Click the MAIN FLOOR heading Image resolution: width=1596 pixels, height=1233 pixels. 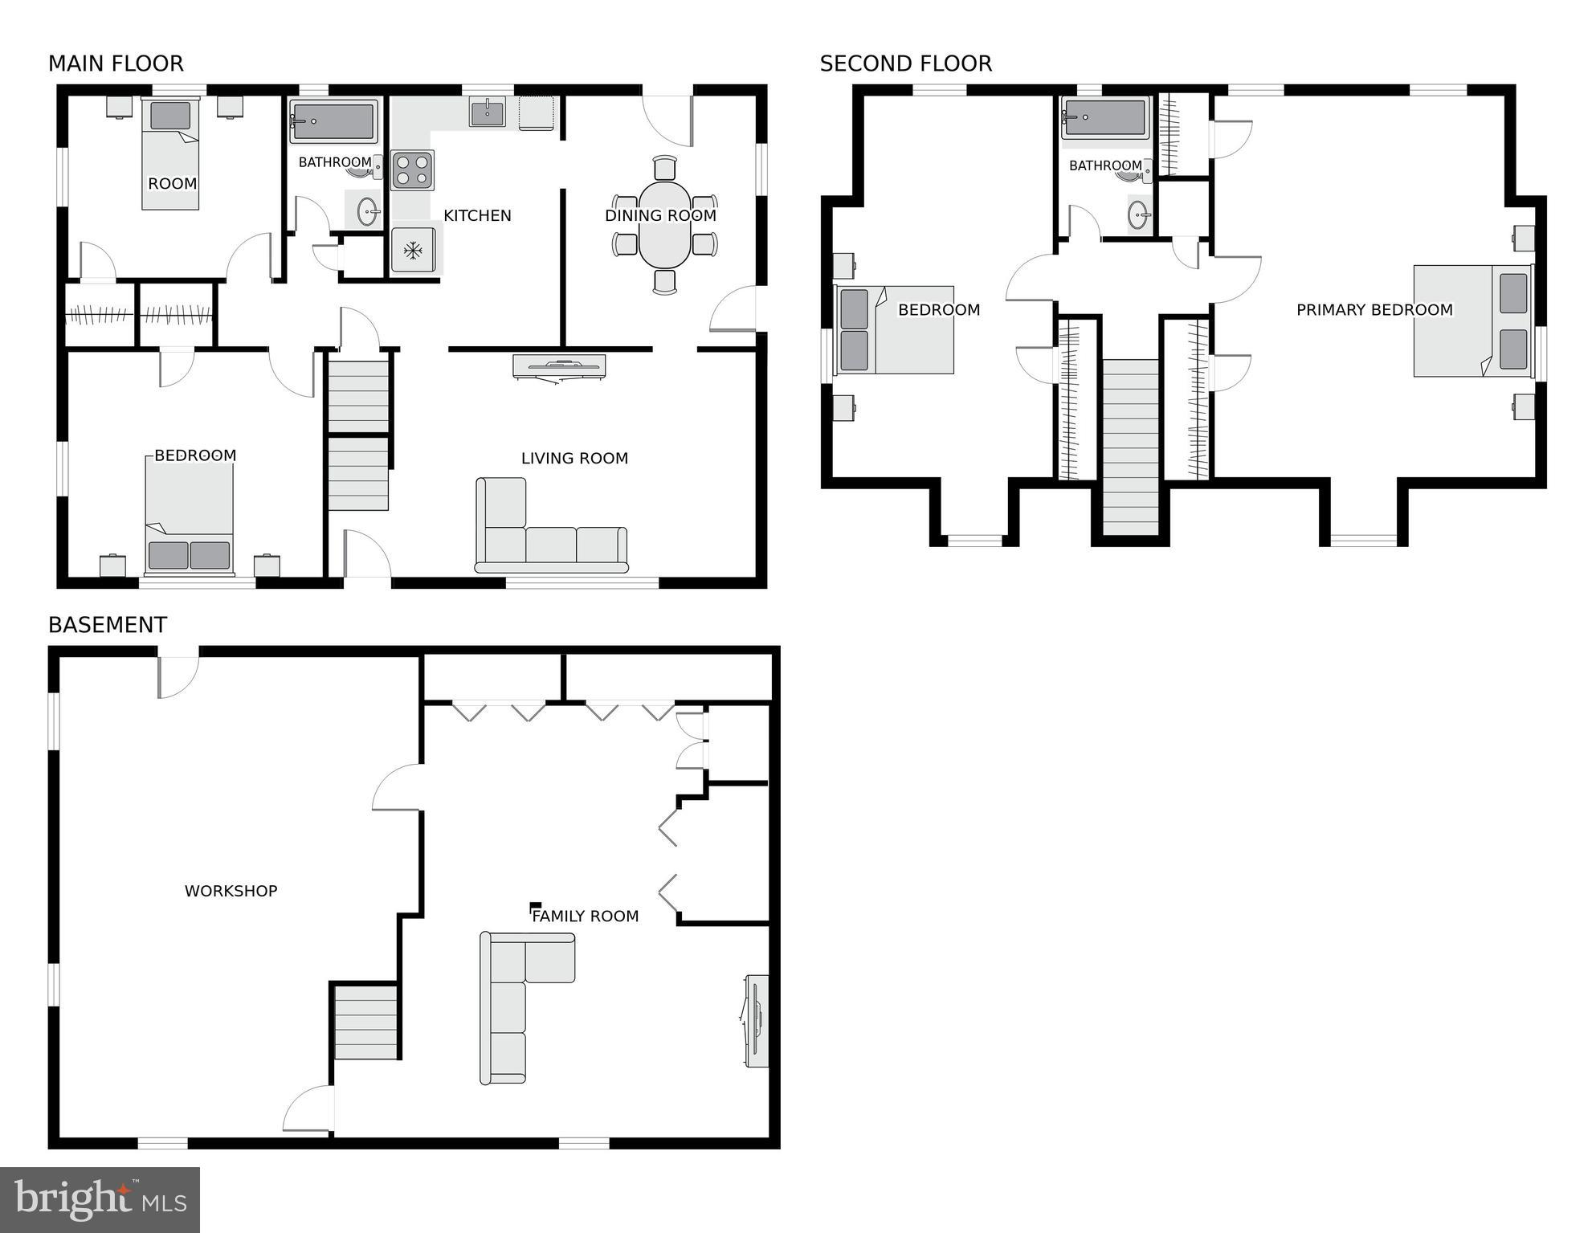coord(116,63)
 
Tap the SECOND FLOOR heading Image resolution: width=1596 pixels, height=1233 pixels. coord(905,63)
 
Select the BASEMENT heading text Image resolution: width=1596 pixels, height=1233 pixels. coord(108,625)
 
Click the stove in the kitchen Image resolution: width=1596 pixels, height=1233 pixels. coord(412,170)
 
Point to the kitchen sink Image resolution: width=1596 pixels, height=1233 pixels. coord(487,112)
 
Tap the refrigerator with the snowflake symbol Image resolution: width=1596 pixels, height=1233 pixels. coord(413,251)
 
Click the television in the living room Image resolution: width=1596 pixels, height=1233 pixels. coord(559,366)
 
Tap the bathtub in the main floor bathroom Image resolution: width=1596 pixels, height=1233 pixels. coord(333,121)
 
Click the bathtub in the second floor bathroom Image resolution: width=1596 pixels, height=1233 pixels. coord(1105,118)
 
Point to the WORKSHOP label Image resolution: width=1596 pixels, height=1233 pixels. coord(231,891)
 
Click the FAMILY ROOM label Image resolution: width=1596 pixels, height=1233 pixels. coord(586,917)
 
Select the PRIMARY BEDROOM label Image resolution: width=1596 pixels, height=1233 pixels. coord(1374,310)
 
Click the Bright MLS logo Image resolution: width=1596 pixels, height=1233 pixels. coord(100,1200)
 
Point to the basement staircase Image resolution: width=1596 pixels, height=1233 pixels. coord(365,1023)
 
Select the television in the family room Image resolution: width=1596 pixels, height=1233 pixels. coord(756,1021)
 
